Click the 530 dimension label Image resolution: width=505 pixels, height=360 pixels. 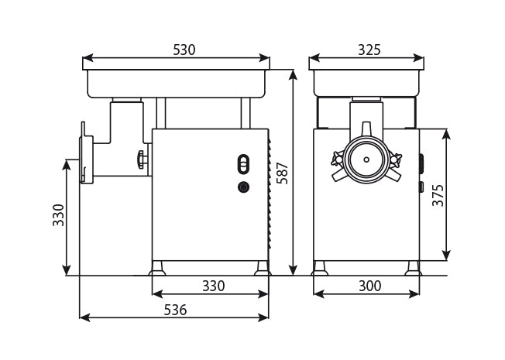[184, 50]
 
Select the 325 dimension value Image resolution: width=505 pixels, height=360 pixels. [369, 50]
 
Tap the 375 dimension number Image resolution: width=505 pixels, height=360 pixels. [438, 194]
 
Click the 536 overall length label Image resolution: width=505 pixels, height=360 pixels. [174, 310]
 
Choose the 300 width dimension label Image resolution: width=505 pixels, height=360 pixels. [369, 286]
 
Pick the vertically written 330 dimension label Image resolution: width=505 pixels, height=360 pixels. [58, 214]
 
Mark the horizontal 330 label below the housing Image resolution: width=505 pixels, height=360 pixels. [213, 286]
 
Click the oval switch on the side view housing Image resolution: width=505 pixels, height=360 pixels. [243, 164]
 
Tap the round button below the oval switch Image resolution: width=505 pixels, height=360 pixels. [243, 187]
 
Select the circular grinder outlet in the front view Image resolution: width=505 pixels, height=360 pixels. [366, 159]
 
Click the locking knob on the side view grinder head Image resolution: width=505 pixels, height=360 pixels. [140, 159]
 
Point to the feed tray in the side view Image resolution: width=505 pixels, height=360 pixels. [177, 82]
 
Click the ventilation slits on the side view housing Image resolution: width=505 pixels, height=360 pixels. [270, 194]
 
